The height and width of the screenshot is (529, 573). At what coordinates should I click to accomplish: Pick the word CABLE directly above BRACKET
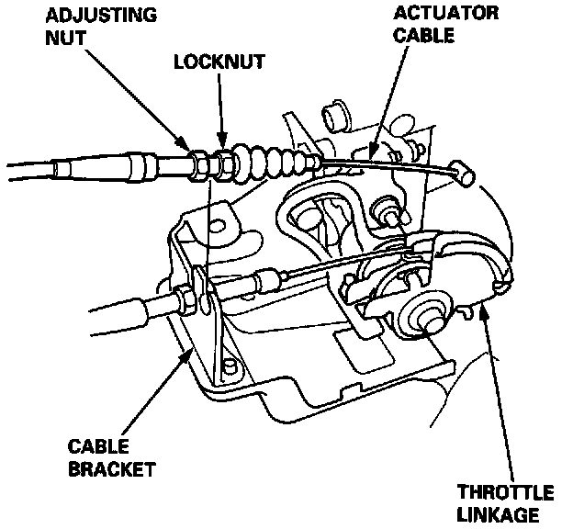pyautogui.click(x=95, y=447)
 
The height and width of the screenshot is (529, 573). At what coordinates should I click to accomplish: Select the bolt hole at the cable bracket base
pyautogui.click(x=230, y=369)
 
